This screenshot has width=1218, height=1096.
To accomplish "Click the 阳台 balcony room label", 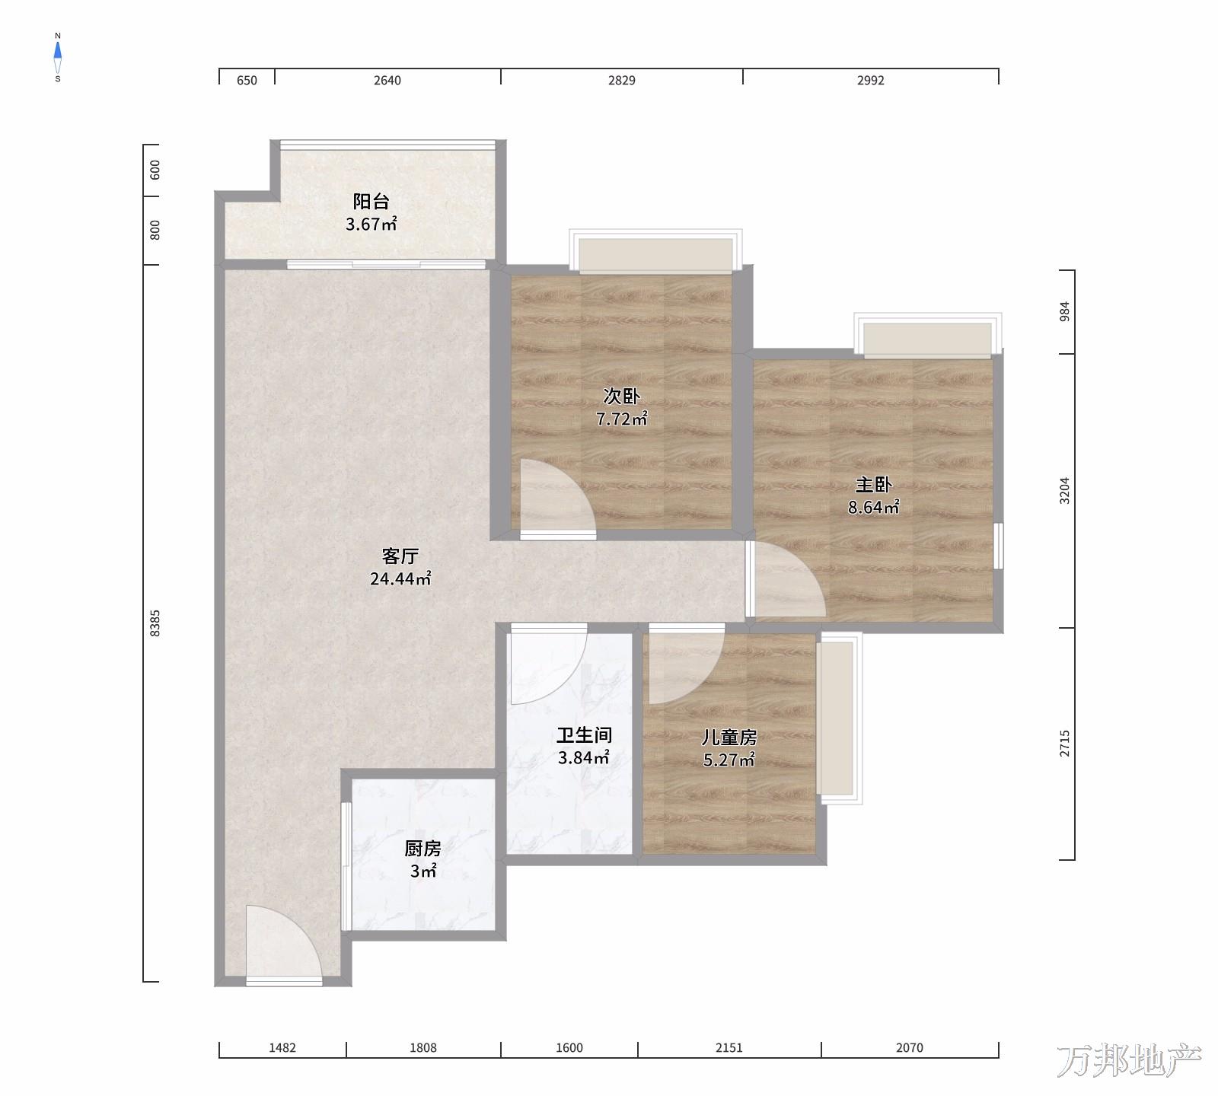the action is [x=371, y=202].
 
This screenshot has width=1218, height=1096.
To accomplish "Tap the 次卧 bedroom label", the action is [x=621, y=396].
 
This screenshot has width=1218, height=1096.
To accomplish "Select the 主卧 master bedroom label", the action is [x=873, y=485].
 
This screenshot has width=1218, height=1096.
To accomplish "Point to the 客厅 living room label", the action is [x=400, y=556].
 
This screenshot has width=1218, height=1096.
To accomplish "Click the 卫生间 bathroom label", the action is [x=584, y=735].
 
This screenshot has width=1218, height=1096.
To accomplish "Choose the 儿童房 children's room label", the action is [x=729, y=737].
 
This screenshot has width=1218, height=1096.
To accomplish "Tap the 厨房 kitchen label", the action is [x=422, y=849].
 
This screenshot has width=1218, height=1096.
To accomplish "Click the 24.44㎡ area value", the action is [x=400, y=578].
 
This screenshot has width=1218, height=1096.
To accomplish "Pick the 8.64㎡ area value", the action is [x=873, y=507].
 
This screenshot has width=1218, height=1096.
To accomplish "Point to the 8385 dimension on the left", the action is [x=155, y=623].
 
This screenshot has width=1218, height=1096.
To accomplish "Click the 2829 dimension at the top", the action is [x=621, y=81].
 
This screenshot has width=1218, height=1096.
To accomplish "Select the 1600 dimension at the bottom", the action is [x=569, y=1048].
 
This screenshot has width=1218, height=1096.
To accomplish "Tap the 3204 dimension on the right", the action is [x=1065, y=490].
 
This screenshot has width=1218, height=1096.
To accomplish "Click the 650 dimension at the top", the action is [x=247, y=81].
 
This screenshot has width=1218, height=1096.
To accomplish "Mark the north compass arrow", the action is [x=58, y=52].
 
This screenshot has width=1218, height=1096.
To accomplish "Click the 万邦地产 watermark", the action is [x=1129, y=1060].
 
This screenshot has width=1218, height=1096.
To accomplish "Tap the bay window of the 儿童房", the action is [x=839, y=718].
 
